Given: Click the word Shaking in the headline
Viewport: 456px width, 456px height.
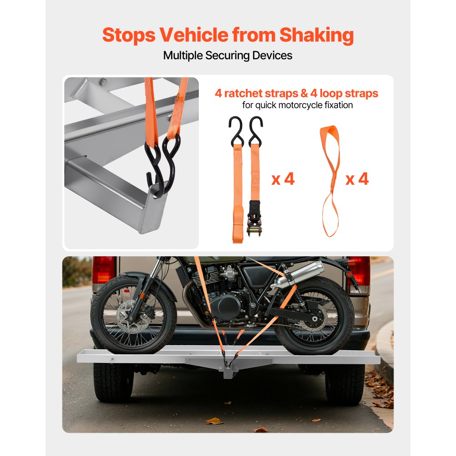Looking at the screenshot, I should [x=316, y=35].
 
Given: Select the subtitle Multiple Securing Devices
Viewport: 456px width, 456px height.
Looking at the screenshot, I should [x=228, y=56].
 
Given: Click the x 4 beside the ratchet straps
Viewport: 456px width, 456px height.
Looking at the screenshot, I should [x=283, y=179].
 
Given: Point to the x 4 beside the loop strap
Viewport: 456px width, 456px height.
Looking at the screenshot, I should [x=357, y=179].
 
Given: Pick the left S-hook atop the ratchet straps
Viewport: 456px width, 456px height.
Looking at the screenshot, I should [x=235, y=129].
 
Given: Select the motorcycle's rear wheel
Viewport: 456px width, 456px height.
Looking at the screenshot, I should [x=315, y=315].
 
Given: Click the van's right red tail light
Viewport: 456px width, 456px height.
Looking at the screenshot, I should [x=359, y=270].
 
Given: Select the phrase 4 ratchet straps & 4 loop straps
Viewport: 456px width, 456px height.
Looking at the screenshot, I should [x=296, y=93].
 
